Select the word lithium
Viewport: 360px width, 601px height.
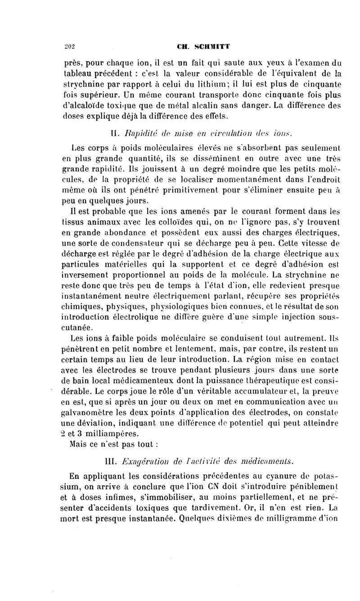point(211,84)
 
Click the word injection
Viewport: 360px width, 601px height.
point(288,317)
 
